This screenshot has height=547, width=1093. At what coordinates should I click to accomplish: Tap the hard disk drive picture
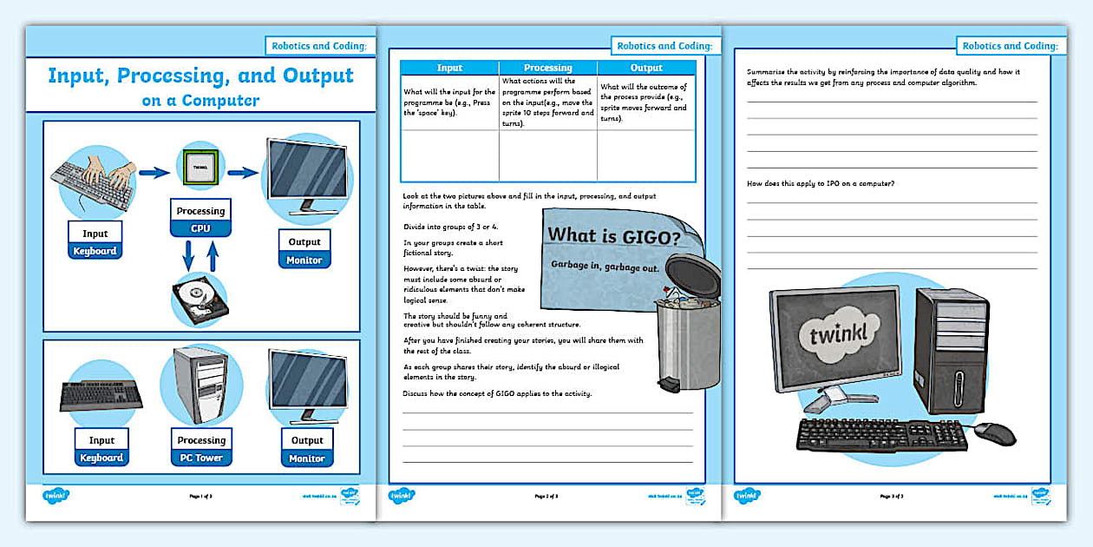coord(200,299)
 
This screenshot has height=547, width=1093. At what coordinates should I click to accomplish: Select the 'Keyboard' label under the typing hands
coord(95,251)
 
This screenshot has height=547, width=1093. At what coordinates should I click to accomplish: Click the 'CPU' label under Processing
coord(200,229)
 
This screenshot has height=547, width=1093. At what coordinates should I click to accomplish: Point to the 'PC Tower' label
coord(201,458)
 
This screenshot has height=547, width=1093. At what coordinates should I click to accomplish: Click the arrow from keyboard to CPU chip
coord(154,173)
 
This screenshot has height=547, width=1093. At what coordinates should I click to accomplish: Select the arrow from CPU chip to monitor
coord(243,172)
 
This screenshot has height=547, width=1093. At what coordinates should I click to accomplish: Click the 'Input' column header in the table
coord(449,68)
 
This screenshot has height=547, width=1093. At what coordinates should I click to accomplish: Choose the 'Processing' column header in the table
coord(547,68)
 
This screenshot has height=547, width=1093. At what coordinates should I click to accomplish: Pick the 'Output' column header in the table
coord(646,68)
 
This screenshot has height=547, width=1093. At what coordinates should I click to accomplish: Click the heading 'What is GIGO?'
coord(612,235)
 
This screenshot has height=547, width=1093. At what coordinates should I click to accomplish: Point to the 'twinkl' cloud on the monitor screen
coord(822,333)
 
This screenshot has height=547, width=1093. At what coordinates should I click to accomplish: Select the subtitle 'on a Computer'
coord(200,100)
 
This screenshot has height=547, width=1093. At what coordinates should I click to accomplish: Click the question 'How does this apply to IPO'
coord(821,183)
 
